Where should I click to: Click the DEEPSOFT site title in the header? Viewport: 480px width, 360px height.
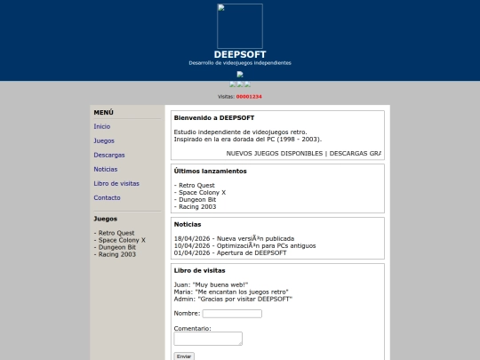240,54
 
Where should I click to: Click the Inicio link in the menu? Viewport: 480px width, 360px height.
102,127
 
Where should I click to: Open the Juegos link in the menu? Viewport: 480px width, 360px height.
104,140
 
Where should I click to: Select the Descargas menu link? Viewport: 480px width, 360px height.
109,155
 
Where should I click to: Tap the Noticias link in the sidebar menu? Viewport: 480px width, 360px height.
106,169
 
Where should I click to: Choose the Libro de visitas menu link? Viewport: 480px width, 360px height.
116,183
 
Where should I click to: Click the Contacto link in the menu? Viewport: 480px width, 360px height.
107,197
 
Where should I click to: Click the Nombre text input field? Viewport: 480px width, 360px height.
232,314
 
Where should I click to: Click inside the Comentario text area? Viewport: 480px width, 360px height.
208,339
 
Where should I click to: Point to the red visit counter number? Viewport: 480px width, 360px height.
249,96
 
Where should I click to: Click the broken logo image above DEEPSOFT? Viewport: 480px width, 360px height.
240,26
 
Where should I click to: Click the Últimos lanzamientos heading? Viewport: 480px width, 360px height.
210,171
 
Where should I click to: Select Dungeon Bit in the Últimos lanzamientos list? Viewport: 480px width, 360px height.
196,199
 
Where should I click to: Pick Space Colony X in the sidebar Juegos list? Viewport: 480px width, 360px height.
122,240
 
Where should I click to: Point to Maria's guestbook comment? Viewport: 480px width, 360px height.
231,292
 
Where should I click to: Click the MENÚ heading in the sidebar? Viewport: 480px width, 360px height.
104,113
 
